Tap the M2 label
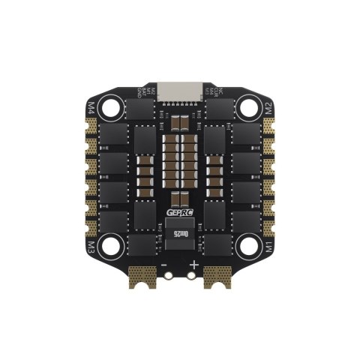[x=268, y=106]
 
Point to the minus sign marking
[x=164, y=265]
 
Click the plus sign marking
[x=194, y=265]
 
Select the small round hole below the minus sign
[x=169, y=276]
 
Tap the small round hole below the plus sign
[x=191, y=276]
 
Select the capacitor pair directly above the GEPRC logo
[x=180, y=198]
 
